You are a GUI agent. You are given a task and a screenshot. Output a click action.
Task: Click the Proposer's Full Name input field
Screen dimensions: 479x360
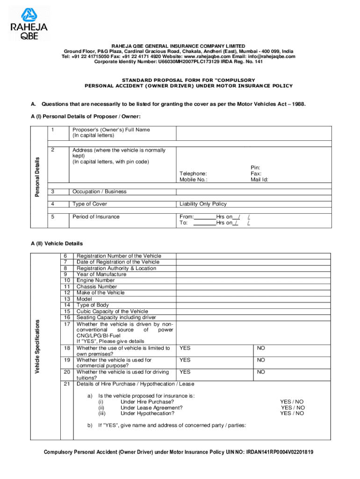click(253, 133)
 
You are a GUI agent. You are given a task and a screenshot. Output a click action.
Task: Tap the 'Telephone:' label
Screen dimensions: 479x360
click(193, 174)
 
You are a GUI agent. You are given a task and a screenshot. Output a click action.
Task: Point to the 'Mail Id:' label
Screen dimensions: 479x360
click(259, 180)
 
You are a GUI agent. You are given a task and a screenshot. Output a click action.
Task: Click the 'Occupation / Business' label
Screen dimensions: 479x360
click(99, 192)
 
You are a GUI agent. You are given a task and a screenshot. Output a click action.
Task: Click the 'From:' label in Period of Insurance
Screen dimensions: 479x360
click(187, 217)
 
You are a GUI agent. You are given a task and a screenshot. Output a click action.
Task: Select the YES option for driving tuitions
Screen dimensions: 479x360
click(185, 372)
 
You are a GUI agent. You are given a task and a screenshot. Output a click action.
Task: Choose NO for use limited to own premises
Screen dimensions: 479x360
click(261, 348)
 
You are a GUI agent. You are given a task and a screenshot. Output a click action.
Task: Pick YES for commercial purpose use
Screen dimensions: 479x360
click(185, 360)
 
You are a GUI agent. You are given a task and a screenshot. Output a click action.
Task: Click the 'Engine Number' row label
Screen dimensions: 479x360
click(95, 281)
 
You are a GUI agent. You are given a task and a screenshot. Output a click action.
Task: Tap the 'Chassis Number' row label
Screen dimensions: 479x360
click(97, 287)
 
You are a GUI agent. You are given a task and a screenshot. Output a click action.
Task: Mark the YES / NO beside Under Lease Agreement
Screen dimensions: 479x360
click(292, 407)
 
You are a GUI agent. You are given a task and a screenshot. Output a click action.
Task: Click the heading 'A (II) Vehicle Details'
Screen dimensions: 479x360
click(56, 244)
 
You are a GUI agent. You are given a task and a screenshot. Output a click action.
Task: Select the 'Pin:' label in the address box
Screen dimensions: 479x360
click(255, 167)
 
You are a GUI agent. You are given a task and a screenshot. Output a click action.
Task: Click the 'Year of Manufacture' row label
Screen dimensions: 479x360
click(101, 275)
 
